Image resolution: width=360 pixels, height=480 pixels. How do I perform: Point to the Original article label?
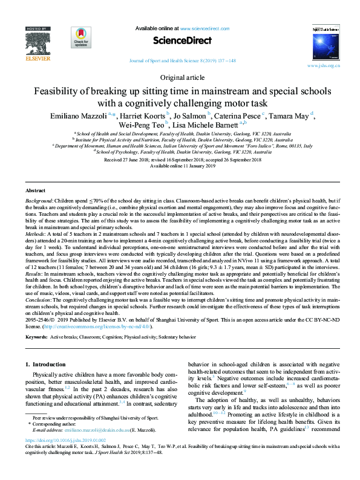pos(180,78)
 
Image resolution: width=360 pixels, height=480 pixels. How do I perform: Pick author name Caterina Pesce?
pos(238,114)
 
